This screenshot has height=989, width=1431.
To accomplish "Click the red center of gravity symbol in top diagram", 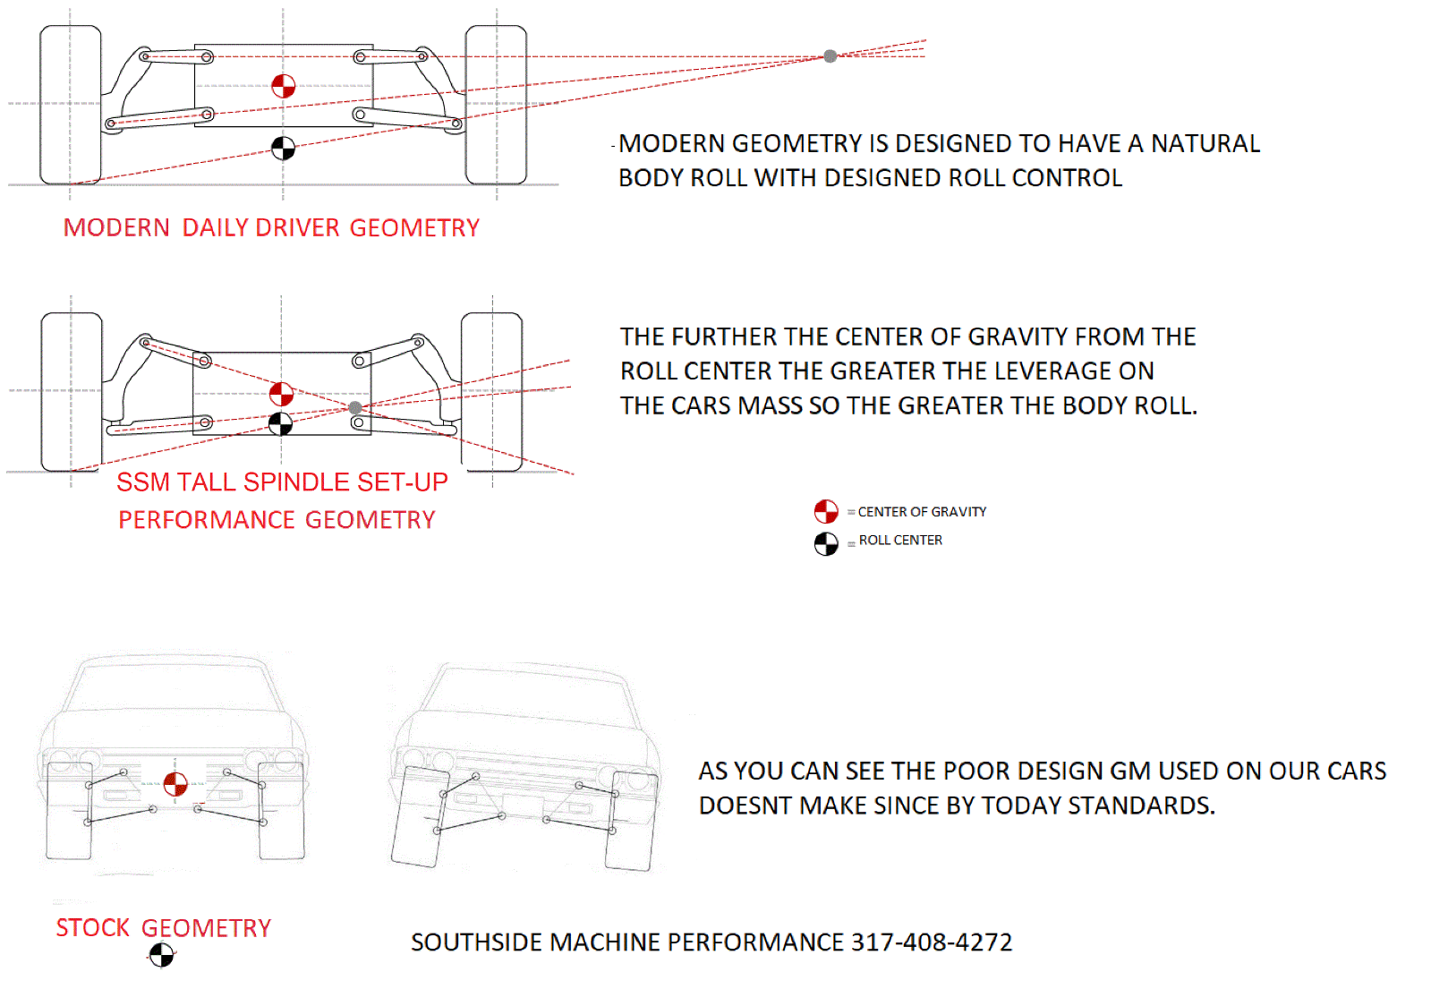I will pyautogui.click(x=283, y=86).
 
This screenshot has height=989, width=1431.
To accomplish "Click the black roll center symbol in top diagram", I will pyautogui.click(x=283, y=149).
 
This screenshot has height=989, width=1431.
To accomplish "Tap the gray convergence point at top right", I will pyautogui.click(x=830, y=56).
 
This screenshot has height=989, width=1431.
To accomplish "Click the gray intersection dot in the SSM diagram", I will pyautogui.click(x=355, y=408).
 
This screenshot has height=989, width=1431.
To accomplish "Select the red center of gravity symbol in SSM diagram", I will pyautogui.click(x=281, y=394).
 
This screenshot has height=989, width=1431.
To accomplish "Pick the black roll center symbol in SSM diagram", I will pyautogui.click(x=280, y=423).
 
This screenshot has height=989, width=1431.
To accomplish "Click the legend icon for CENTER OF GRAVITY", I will pyautogui.click(x=826, y=512).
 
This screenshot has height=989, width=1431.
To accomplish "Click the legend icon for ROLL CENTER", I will pyautogui.click(x=826, y=543).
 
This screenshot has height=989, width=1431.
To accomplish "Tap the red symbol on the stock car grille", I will pyautogui.click(x=175, y=784).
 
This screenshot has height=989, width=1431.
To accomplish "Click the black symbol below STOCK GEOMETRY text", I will pyautogui.click(x=161, y=956).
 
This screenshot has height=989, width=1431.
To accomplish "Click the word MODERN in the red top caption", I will pyautogui.click(x=116, y=228).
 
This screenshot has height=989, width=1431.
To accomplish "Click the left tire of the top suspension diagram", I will pyautogui.click(x=71, y=105).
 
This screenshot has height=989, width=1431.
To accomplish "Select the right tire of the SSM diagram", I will pyautogui.click(x=491, y=391).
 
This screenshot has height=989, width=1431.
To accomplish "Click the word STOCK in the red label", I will pyautogui.click(x=93, y=928).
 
